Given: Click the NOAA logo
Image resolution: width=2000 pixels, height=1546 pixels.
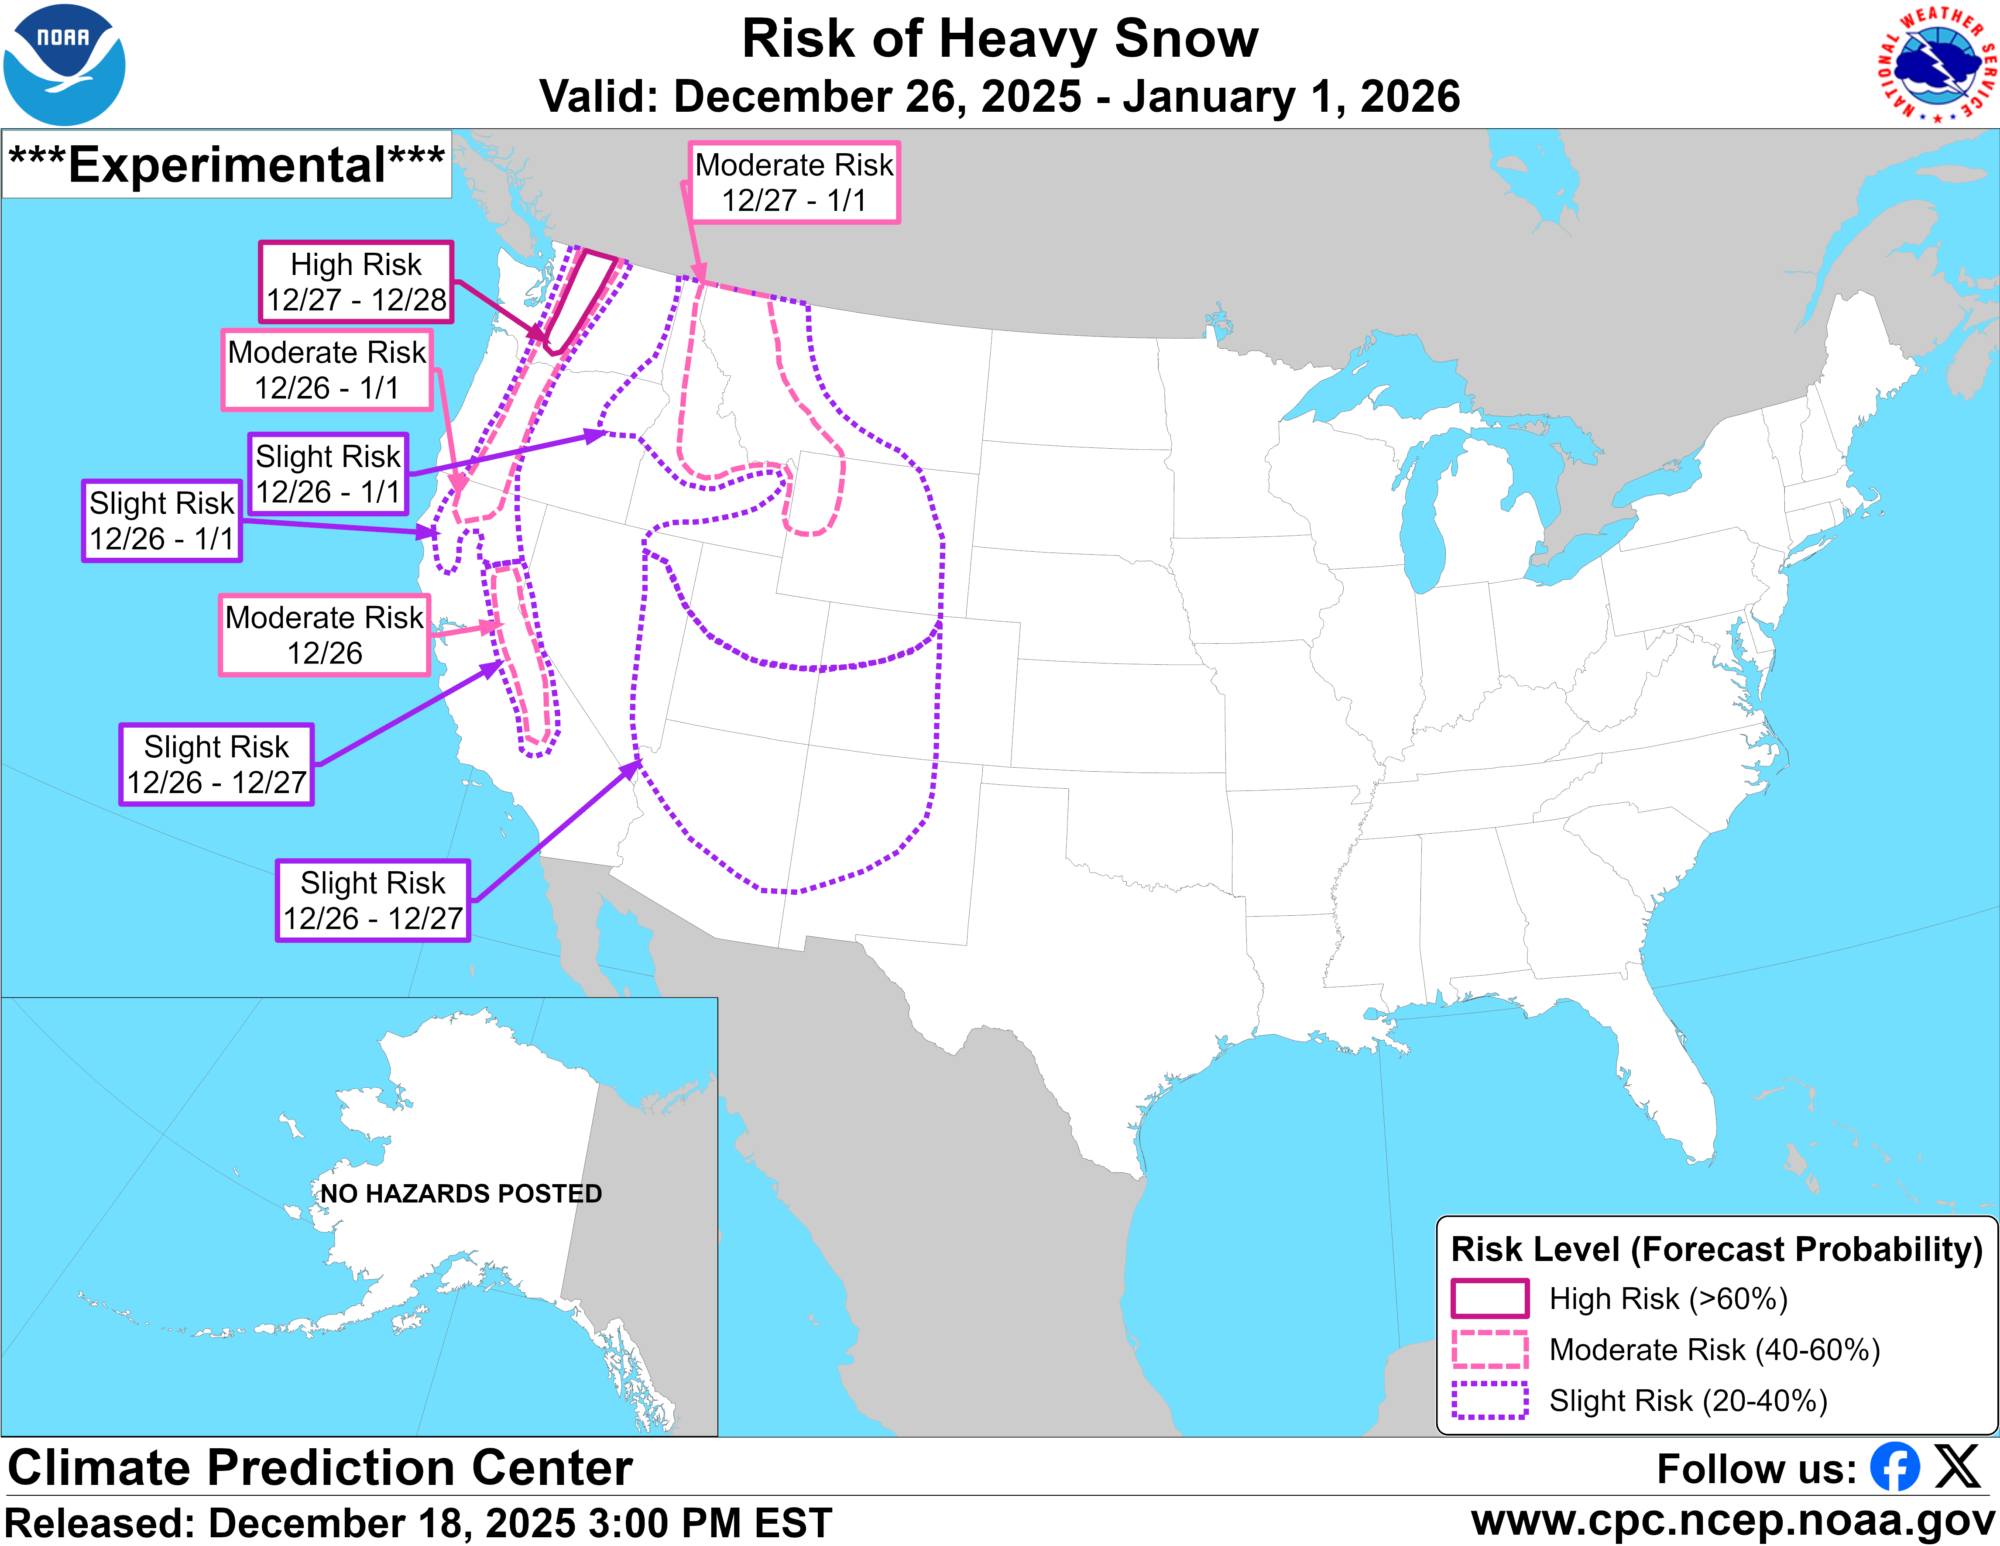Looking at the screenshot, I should pyautogui.click(x=64, y=64).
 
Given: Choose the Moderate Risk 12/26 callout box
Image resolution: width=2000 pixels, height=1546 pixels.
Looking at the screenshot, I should pyautogui.click(x=324, y=635).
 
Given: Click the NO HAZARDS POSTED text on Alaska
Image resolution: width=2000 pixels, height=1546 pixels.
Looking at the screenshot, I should pyautogui.click(x=461, y=1193).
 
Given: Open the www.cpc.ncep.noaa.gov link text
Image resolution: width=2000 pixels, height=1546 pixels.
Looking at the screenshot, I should pyautogui.click(x=1732, y=1521).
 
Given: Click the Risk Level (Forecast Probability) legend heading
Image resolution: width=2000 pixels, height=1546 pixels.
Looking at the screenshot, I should pyautogui.click(x=1716, y=1249).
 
